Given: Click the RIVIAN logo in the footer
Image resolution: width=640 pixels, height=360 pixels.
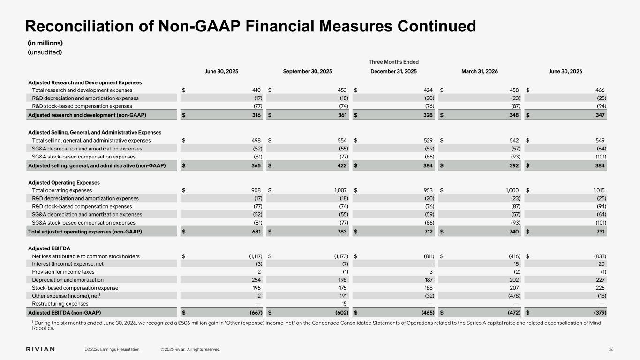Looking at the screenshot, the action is tap(40, 349).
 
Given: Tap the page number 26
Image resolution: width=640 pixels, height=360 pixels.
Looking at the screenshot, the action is tap(611, 349).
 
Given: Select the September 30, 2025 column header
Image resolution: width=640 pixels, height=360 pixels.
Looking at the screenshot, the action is tap(308, 71).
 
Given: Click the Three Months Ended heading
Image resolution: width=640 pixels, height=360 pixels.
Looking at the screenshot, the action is tap(393, 62).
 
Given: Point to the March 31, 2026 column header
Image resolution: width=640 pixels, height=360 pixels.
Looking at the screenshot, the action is tap(480, 71).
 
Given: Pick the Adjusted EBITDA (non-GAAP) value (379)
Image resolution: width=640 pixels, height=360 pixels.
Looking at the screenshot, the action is tap(600, 313).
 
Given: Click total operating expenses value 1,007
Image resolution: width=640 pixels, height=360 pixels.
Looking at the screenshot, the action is tap(340, 190).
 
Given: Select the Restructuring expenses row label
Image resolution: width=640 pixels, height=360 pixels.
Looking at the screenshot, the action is tap(60, 304).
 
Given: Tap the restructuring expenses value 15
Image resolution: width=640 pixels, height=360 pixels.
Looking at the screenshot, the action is tap(344, 304).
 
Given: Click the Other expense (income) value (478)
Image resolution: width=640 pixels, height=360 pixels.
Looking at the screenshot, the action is tap(514, 296).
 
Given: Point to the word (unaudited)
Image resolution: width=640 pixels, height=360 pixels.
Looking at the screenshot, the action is tap(45, 52).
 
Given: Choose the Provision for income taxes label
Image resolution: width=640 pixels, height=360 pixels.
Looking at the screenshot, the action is tap(63, 272).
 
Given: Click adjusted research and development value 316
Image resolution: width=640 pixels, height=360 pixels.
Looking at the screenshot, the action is tap(256, 115).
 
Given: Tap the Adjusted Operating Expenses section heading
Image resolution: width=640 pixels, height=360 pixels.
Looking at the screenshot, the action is tap(64, 183).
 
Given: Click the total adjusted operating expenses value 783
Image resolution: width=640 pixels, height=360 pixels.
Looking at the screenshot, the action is tap(342, 232).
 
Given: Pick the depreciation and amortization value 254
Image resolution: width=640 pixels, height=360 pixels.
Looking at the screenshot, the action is tap(256, 280).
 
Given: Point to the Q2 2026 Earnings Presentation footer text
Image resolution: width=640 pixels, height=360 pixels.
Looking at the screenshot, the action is tap(112, 349).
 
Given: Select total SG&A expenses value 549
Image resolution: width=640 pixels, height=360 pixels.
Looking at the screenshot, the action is tap(600, 140).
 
